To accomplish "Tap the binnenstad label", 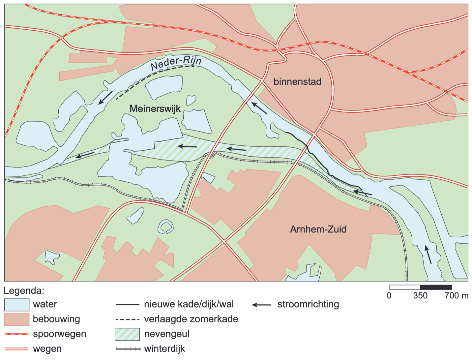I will pyautogui.click(x=297, y=81).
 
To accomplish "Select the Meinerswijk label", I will pyautogui.click(x=155, y=108).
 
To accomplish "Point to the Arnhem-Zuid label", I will pyautogui.click(x=318, y=229).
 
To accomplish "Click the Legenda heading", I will pyautogui.click(x=24, y=291).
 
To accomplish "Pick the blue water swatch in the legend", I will pyautogui.click(x=17, y=305).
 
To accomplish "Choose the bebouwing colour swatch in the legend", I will pyautogui.click(x=17, y=319).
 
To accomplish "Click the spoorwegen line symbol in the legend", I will pyautogui.click(x=17, y=334).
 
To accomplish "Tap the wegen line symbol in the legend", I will pyautogui.click(x=17, y=349).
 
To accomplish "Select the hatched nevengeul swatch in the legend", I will pyautogui.click(x=127, y=334).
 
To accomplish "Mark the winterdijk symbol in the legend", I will pyautogui.click(x=128, y=349).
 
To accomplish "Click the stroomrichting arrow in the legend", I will pyautogui.click(x=261, y=305).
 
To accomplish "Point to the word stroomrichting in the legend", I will pyautogui.click(x=308, y=304).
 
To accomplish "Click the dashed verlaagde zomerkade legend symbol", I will pyautogui.click(x=128, y=319).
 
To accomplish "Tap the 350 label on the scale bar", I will pyautogui.click(x=420, y=295).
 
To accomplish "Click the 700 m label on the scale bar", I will pyautogui.click(x=456, y=295).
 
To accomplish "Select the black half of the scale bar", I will pyautogui.click(x=436, y=287).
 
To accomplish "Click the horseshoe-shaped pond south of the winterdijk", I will pyautogui.click(x=166, y=227).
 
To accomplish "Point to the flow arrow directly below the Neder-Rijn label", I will pyautogui.click(x=105, y=98).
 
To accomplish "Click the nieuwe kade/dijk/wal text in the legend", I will pyautogui.click(x=189, y=304).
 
